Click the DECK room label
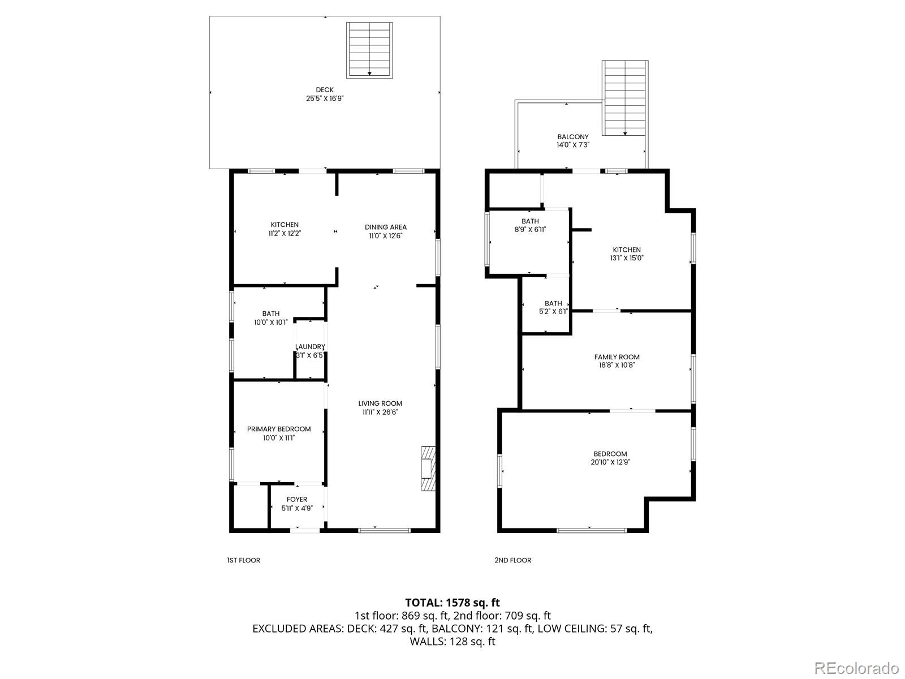coord(325,89)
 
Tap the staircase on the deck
coord(370,50)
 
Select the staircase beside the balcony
coord(625,98)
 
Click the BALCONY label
coord(573,137)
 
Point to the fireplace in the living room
coord(429,469)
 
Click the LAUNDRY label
coord(310,347)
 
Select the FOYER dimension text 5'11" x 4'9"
coord(297,508)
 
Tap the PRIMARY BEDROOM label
coord(279,429)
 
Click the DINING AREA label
coord(386,227)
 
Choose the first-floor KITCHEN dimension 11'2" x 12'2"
coord(285,233)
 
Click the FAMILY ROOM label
coord(617,357)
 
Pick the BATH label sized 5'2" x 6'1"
coord(553,303)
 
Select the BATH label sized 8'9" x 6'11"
coord(530,221)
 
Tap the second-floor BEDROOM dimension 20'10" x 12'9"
coord(610,462)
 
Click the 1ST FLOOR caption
coord(243,560)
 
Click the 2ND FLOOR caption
coord(512,560)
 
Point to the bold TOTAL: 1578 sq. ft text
coord(453,603)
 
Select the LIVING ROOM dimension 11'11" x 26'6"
coord(380,412)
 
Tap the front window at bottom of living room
coord(384,530)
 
